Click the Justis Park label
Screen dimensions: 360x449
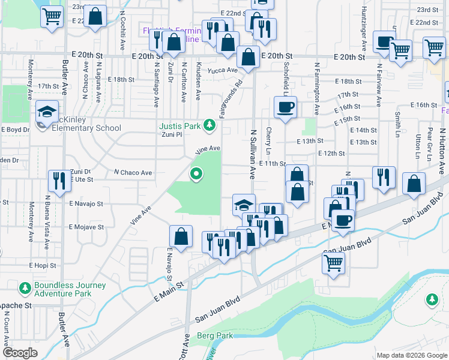click(179, 126)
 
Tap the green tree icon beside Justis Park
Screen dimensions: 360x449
click(209, 125)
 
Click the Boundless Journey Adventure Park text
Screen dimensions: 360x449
click(70, 289)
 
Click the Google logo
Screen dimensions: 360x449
click(20, 353)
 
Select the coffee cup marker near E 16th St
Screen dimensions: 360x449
click(285, 108)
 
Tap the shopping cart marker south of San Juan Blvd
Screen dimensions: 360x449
click(334, 262)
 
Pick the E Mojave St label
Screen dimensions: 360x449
click(86, 227)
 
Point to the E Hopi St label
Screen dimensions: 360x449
click(43, 265)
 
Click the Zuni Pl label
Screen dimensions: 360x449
click(172, 134)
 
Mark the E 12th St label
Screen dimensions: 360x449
click(331, 154)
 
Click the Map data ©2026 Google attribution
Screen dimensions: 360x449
click(411, 355)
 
